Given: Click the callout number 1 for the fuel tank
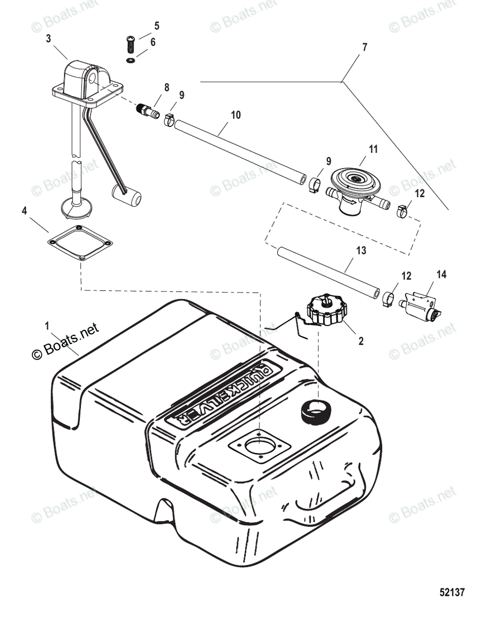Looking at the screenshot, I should (x=47, y=326).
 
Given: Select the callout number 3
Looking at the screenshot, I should (x=48, y=38).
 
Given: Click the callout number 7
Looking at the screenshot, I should (x=365, y=47).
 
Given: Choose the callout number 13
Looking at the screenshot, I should (x=361, y=251).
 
